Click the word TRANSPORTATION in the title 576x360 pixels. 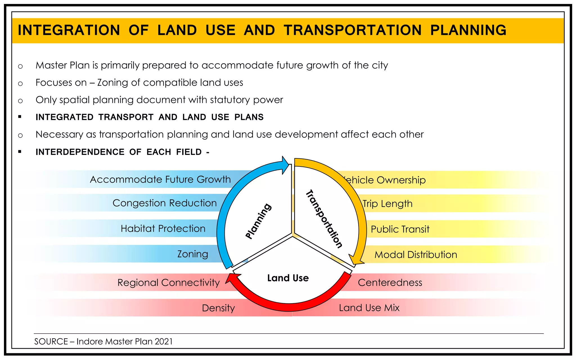click(352, 30)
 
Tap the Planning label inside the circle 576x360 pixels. click(258, 221)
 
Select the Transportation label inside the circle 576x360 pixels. click(324, 219)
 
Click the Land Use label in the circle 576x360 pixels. click(288, 278)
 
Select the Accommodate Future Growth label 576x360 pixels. click(160, 179)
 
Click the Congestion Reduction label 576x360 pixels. click(165, 203)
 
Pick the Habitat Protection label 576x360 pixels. click(163, 228)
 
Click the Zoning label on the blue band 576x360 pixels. click(193, 254)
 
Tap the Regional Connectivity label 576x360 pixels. click(168, 282)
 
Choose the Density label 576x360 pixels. click(218, 308)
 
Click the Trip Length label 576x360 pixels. click(387, 204)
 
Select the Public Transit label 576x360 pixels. click(400, 229)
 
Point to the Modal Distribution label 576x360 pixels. click(416, 255)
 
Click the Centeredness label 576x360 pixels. click(390, 282)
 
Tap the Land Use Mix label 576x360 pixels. click(369, 308)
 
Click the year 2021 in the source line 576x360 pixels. click(163, 341)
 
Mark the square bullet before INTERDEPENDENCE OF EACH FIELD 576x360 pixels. click(20, 152)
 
